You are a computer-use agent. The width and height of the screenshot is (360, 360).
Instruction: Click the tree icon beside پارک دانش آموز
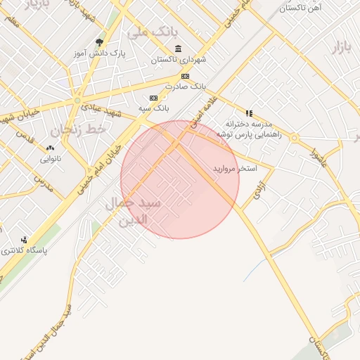coord(98,42)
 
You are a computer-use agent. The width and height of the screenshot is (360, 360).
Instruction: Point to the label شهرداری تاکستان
coord(178,60)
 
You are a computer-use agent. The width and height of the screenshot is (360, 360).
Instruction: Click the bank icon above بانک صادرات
coord(185,76)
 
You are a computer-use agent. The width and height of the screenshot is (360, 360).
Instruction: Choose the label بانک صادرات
coord(184,86)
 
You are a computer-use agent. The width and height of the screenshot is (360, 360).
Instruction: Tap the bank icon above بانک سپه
coord(153,98)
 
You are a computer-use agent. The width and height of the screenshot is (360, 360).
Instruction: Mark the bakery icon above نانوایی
coord(50,148)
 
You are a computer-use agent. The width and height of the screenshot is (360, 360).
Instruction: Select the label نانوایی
coord(50,159)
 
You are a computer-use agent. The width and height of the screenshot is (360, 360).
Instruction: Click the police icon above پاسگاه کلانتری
coord(25,240)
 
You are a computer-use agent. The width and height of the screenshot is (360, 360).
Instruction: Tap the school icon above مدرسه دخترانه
coord(248,112)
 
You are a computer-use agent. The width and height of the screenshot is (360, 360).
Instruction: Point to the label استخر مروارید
coord(236,169)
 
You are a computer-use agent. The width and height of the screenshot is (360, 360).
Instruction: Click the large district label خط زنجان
coord(77,129)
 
